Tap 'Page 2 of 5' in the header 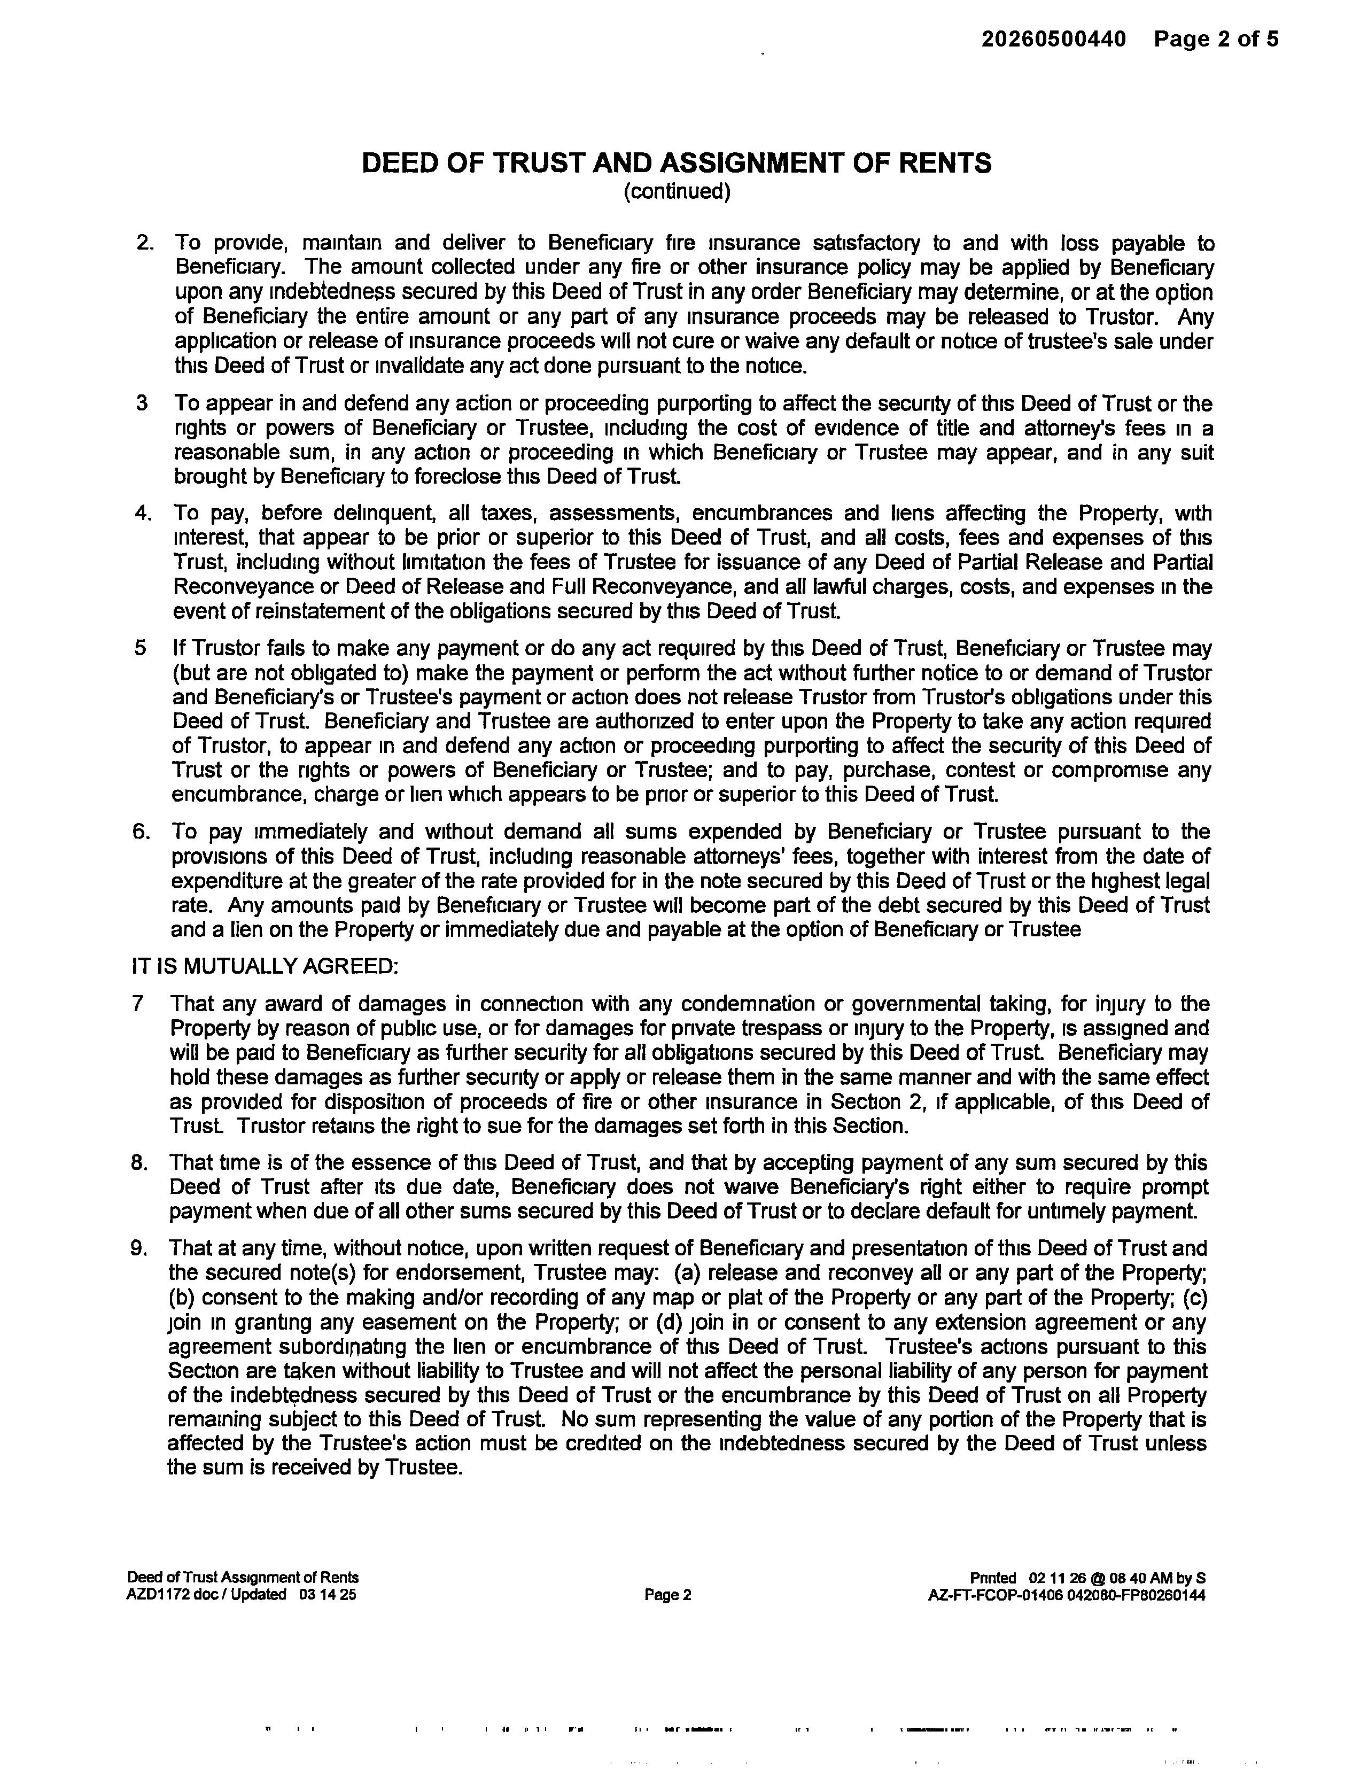pyautogui.click(x=1216, y=39)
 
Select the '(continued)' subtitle pyautogui.click(x=677, y=191)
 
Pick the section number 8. pyautogui.click(x=139, y=1163)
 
